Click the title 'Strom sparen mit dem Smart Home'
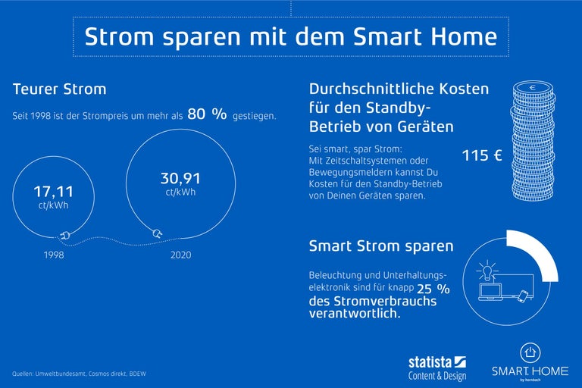[x=290, y=37]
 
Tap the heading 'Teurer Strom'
[x=59, y=89]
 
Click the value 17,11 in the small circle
[x=53, y=192]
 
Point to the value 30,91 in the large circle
[x=180, y=179]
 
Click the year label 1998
[x=53, y=255]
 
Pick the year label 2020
[x=180, y=255]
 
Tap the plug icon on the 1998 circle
[x=66, y=236]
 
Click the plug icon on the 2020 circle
[x=158, y=233]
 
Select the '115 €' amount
[x=482, y=157]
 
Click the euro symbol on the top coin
[x=533, y=88]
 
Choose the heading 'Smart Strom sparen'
[x=381, y=246]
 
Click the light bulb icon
[x=486, y=270]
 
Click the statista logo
[x=438, y=362]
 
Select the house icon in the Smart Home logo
[x=530, y=352]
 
